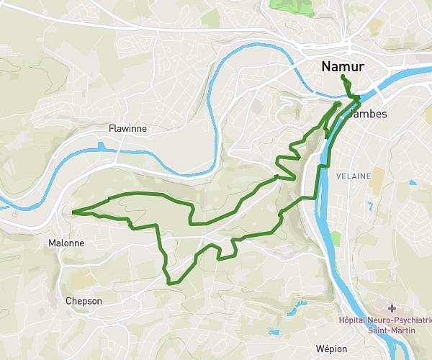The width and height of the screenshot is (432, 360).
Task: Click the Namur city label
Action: [x=343, y=66]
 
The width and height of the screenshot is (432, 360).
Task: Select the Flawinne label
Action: [x=127, y=129]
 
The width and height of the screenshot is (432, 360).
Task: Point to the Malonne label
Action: [x=66, y=243]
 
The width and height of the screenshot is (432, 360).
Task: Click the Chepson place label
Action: [x=84, y=301]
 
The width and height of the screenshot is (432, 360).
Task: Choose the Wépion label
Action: [x=330, y=348]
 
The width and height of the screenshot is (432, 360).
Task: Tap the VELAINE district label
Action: [x=353, y=176]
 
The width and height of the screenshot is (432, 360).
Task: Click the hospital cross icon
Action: [x=392, y=307]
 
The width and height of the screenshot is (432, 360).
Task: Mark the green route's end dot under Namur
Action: [x=343, y=78]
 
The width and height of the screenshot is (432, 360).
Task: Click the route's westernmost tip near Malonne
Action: [x=73, y=212]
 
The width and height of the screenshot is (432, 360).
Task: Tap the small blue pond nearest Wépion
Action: [x=274, y=332]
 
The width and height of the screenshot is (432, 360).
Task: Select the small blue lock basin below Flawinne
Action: [x=102, y=146]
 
